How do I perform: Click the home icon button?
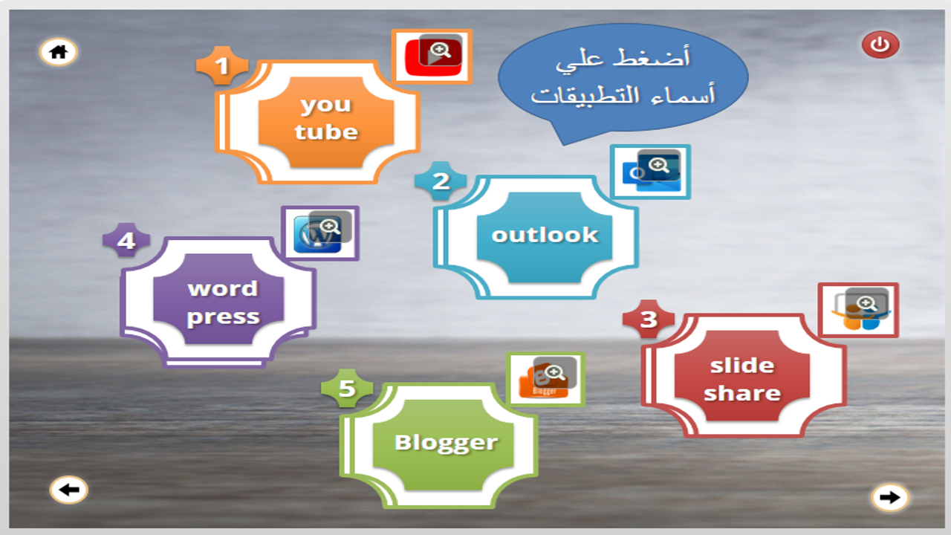[x=58, y=52]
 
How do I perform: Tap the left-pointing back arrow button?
[x=69, y=490]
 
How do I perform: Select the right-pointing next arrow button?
[x=890, y=497]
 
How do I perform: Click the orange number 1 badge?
[x=222, y=65]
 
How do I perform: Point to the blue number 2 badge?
[x=441, y=181]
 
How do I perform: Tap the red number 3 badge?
[x=649, y=320]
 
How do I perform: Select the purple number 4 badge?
[x=126, y=240]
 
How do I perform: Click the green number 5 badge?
[x=347, y=388]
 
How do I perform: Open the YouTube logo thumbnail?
[x=432, y=56]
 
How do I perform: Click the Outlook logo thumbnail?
[x=650, y=172]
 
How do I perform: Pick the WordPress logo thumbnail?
[x=320, y=233]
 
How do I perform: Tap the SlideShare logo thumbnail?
[x=858, y=311]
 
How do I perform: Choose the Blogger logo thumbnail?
[x=545, y=380]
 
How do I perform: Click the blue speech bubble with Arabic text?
[x=623, y=79]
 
